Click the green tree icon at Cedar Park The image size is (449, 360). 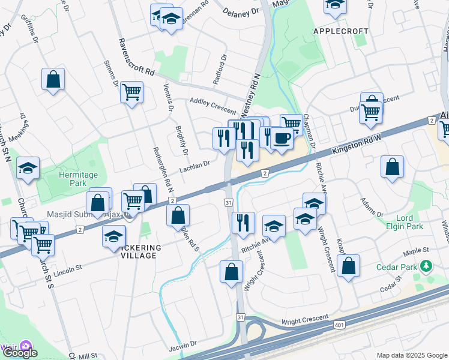coord(426,265)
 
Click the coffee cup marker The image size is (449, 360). coord(281,138)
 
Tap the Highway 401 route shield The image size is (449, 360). coord(339,324)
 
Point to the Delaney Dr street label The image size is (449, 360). coord(240,11)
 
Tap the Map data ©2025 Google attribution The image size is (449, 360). coord(412,355)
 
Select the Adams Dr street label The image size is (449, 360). coord(372,208)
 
